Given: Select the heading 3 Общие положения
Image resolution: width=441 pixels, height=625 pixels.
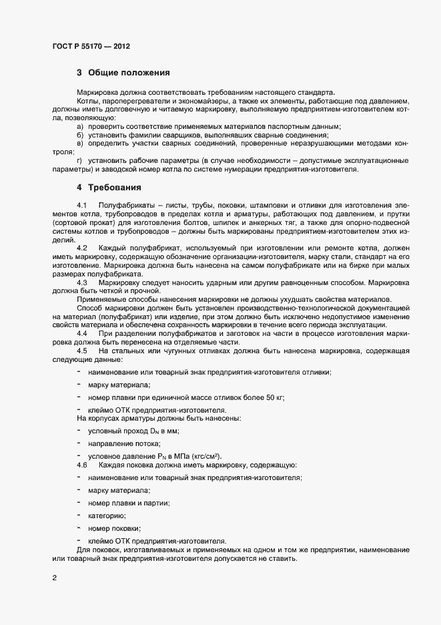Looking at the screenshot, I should [123, 72].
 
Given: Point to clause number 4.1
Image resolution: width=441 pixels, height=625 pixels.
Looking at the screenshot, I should [82, 204].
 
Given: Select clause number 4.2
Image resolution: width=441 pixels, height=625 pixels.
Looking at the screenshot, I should [82, 248].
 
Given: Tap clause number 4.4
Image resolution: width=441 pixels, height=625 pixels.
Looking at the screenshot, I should [82, 333].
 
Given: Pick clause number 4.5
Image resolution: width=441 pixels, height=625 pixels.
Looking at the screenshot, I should [82, 351].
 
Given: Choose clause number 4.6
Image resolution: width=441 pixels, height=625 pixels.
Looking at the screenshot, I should [82, 464].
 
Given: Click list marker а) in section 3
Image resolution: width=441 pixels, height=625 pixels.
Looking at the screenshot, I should [80, 126].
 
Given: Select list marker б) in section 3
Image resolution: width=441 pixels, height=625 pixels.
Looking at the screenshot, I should [80, 135].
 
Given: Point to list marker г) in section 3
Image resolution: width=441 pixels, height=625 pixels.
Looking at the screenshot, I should [79, 161].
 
